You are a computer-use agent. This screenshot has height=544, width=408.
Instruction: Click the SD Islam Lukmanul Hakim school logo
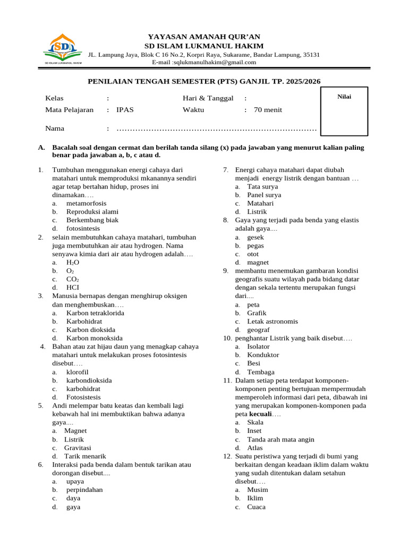63,49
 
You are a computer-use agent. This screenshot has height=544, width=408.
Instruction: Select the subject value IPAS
125,110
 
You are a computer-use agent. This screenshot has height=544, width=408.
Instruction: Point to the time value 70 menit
268,110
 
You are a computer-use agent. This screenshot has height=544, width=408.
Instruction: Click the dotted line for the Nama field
216,129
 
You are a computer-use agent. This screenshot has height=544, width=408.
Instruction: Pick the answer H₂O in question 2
73,262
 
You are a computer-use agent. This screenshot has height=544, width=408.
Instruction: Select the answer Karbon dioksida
91,329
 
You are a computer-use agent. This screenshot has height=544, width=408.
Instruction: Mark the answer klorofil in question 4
78,372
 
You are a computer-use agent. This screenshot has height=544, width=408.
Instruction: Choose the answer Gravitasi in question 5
78,447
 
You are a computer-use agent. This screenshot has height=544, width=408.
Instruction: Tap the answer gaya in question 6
73,507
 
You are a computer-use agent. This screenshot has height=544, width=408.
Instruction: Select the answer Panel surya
264,195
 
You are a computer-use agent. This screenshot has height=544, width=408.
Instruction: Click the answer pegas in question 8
256,245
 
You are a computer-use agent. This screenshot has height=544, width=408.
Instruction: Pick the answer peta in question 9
253,304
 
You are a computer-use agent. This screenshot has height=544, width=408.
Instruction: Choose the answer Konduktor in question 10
263,355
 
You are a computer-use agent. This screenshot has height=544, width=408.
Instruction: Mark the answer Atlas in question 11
255,448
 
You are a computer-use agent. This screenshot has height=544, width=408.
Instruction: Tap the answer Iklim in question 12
255,498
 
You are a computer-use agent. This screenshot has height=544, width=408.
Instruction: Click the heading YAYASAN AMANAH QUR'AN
204,37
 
